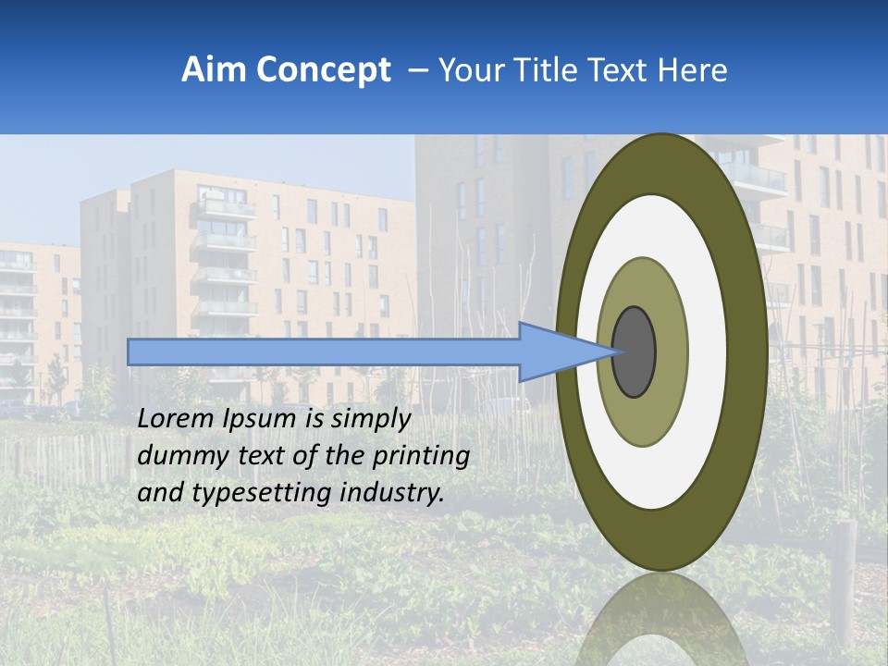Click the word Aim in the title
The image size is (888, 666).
click(x=213, y=70)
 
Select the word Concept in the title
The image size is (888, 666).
click(x=322, y=70)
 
